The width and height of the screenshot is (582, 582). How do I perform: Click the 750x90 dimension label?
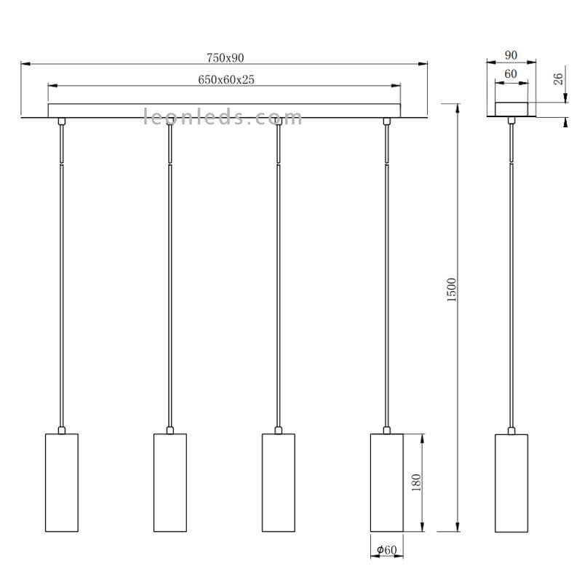225,58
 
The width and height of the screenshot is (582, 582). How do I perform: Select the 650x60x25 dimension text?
226,79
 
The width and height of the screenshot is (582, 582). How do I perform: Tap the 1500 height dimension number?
451,290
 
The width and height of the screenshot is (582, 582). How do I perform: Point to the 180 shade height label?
416,482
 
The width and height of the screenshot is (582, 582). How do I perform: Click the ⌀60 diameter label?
387,550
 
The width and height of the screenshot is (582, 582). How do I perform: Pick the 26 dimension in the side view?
558,79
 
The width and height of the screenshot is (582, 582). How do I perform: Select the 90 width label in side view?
511,55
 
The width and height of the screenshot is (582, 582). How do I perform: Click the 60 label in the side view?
511,74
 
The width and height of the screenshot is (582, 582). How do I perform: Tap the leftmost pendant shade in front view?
62,482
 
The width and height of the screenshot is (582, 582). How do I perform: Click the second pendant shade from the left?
170,482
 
